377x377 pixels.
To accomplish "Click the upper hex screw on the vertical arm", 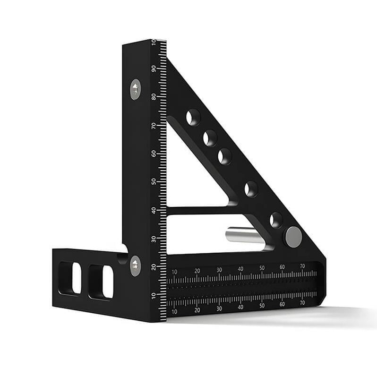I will point(136,89).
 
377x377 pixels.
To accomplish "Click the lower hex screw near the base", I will point(135,266).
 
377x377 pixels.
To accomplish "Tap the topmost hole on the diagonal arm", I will point(193,117).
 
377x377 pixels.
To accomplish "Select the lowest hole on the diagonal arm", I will point(276,220).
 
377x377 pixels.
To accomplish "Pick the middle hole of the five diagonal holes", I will point(225,156).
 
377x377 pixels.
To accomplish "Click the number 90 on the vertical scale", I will point(154,68).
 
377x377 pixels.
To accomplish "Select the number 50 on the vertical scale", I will point(154,182).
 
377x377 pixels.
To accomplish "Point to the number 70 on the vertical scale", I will point(154,126).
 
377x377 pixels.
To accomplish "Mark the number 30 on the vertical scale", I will point(154,239).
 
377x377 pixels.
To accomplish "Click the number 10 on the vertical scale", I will point(154,296).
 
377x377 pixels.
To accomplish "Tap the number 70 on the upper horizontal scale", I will point(303,266).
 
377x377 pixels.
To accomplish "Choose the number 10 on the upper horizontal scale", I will point(174,272).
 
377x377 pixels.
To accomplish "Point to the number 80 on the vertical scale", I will point(154,97).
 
